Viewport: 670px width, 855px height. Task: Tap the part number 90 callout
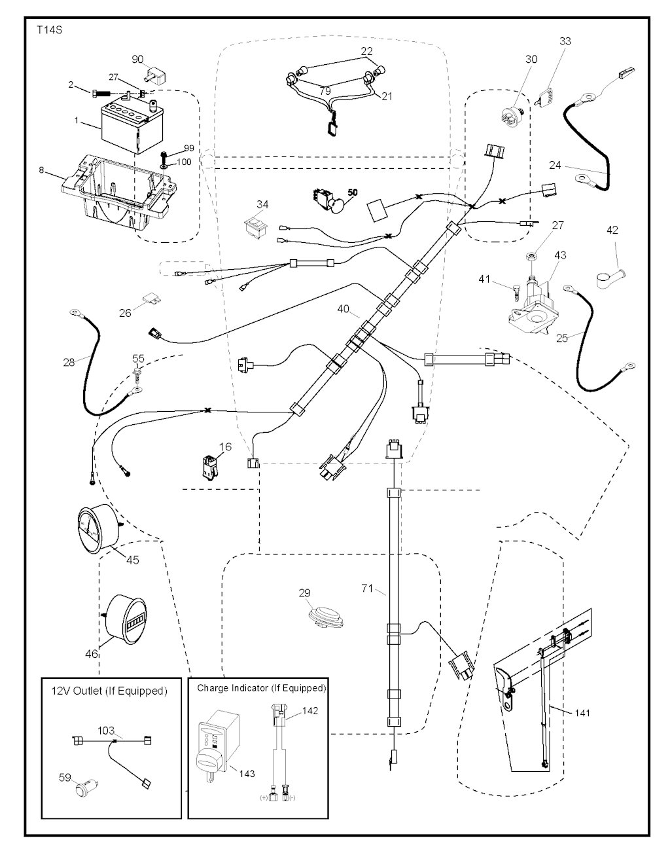pyautogui.click(x=137, y=60)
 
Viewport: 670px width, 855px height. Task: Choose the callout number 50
pyautogui.click(x=353, y=193)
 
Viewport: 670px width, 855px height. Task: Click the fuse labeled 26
pyautogui.click(x=155, y=300)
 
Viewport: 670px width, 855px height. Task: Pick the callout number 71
pyautogui.click(x=368, y=589)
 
